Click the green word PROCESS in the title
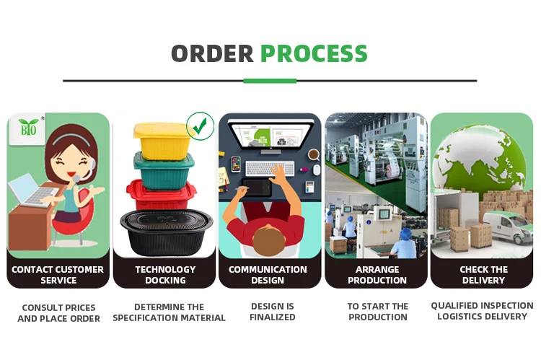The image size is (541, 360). (x=314, y=53)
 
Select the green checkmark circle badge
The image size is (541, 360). (x=200, y=126)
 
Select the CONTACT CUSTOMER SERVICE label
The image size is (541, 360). (x=58, y=274)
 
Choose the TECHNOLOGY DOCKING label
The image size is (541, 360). (x=165, y=274)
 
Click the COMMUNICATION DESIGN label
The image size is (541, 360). (x=269, y=274)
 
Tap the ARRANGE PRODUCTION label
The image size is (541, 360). (x=376, y=274)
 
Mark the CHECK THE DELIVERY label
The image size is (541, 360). (x=483, y=274)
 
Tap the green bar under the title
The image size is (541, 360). (x=270, y=80)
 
